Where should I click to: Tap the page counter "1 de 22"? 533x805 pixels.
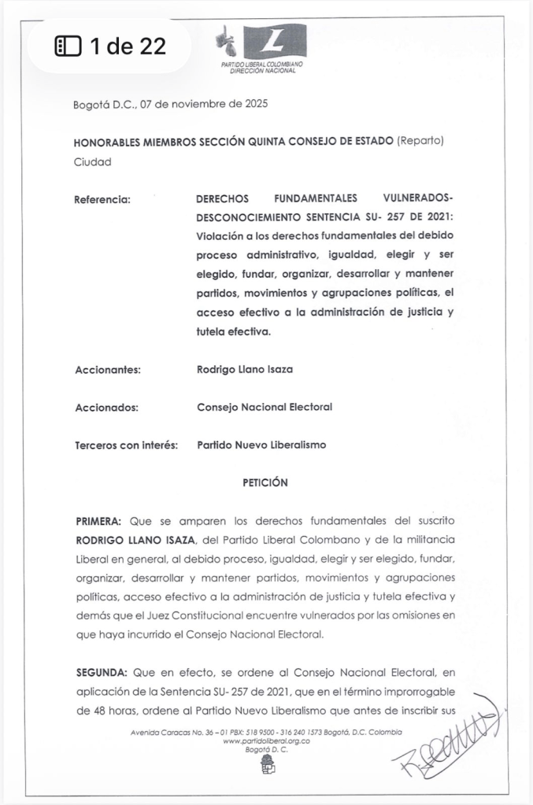(109, 46)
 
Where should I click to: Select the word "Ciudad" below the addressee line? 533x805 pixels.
(91, 162)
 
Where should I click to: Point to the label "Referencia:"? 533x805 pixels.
(102, 199)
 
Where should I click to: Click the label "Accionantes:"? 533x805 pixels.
(107, 370)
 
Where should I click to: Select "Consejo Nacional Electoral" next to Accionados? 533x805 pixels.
(265, 407)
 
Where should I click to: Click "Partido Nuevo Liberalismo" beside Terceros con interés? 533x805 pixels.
(261, 445)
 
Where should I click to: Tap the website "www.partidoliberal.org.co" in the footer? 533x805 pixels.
(265, 741)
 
